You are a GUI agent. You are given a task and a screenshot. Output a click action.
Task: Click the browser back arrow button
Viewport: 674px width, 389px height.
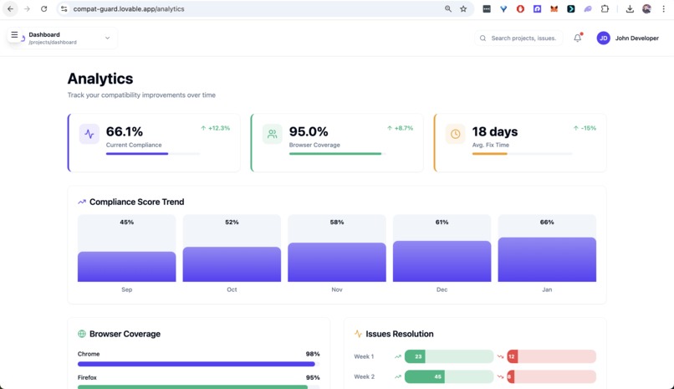pyautogui.click(x=11, y=9)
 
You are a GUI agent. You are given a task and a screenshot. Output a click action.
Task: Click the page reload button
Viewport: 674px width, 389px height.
pyautogui.click(x=44, y=9)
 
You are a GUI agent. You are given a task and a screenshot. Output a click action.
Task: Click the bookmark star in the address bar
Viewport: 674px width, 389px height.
pyautogui.click(x=463, y=9)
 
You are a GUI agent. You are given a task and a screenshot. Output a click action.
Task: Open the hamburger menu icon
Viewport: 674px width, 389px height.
pyautogui.click(x=14, y=35)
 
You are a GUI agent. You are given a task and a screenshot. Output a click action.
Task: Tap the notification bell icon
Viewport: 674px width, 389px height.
pyautogui.click(x=577, y=38)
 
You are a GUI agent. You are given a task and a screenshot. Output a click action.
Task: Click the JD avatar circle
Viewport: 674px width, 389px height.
pyautogui.click(x=603, y=38)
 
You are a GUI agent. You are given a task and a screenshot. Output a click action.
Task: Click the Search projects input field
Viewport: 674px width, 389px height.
pyautogui.click(x=523, y=38)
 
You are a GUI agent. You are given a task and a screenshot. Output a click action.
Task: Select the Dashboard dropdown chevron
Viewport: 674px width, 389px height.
pyautogui.click(x=107, y=38)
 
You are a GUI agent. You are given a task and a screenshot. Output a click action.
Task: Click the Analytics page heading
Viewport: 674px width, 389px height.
pyautogui.click(x=100, y=79)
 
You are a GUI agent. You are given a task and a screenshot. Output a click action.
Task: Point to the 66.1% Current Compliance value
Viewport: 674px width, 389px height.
pyautogui.click(x=125, y=131)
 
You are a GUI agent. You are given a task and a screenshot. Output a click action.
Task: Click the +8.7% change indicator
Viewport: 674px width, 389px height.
pyautogui.click(x=400, y=128)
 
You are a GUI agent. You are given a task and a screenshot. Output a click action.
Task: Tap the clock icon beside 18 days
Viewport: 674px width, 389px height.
pyautogui.click(x=455, y=134)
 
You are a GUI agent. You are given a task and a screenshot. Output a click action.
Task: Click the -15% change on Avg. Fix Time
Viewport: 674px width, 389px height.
pyautogui.click(x=585, y=128)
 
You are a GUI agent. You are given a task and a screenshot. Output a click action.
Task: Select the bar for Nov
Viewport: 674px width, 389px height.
pyautogui.click(x=337, y=262)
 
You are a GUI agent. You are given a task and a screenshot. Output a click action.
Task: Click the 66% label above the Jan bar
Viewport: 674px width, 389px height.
pyautogui.click(x=547, y=223)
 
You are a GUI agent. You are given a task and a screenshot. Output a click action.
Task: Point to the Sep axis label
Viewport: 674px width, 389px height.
pyautogui.click(x=127, y=289)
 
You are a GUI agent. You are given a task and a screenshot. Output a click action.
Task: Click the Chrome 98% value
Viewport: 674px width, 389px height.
pyautogui.click(x=313, y=354)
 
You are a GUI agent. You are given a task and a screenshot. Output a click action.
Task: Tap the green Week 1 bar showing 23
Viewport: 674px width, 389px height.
pyautogui.click(x=415, y=356)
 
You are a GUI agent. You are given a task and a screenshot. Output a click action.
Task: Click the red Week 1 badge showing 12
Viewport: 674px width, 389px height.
pyautogui.click(x=512, y=356)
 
